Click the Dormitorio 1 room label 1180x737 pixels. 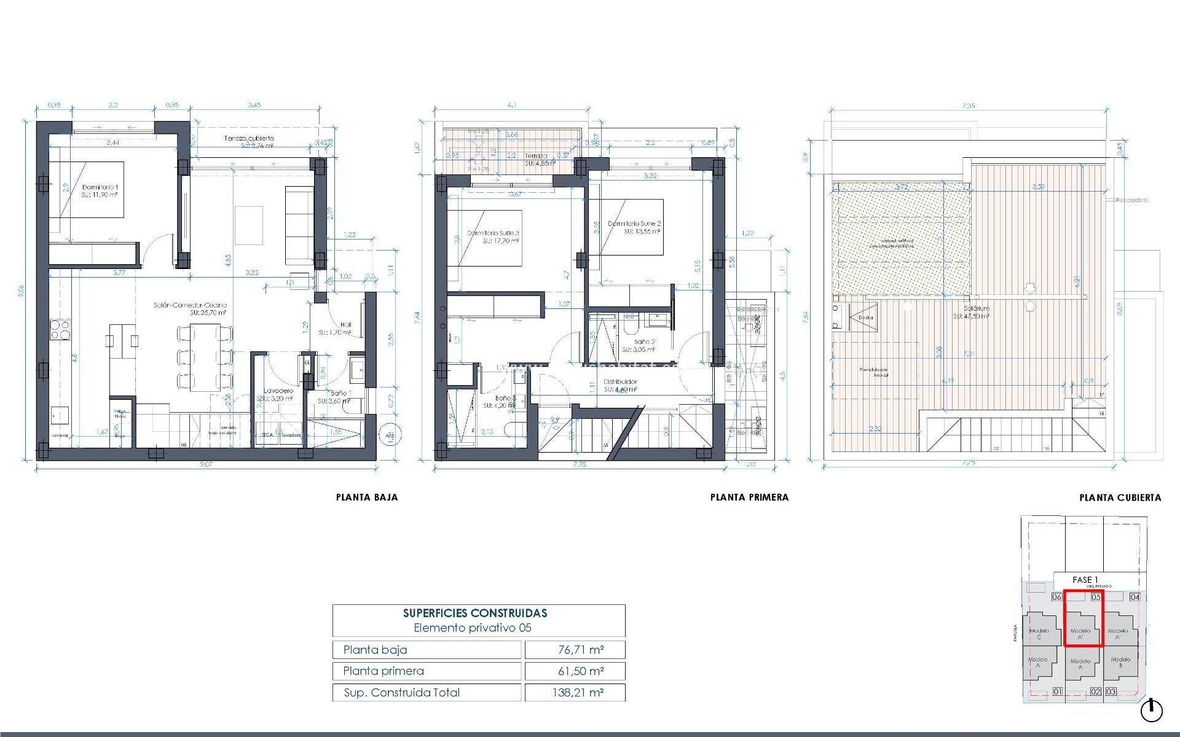pos(100,187)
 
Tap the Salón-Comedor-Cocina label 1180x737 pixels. pos(190,305)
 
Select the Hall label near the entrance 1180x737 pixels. pos(345,325)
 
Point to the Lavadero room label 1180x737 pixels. pos(278,391)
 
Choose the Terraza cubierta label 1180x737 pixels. pos(249,139)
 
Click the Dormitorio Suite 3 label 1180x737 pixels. pos(493,233)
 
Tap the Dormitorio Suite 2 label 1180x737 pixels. pos(634,224)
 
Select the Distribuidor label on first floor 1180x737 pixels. pos(620,381)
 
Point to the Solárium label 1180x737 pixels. pos(977,309)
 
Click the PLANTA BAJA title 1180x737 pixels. pos(367,497)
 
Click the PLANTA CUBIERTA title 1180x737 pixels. pos(1120,497)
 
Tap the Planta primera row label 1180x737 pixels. pos(383,671)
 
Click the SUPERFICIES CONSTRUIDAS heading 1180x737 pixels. pos(475,613)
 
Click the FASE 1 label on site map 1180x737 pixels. pos(1085,580)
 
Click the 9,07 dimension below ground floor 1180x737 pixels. pos(206,464)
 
